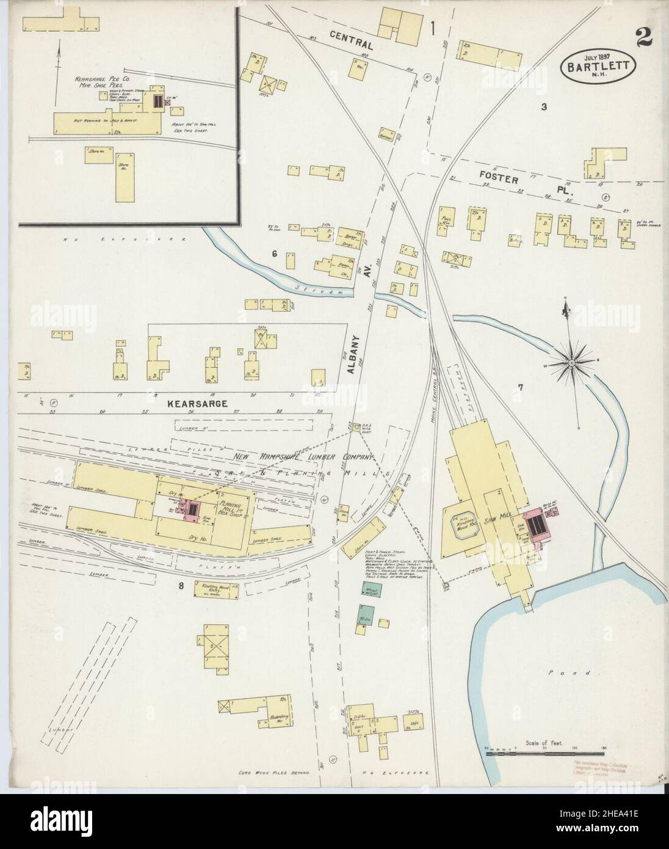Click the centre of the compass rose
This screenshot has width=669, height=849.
(x=573, y=365)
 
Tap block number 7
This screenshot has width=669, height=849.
(x=520, y=387)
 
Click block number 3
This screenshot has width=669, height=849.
(x=543, y=107)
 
